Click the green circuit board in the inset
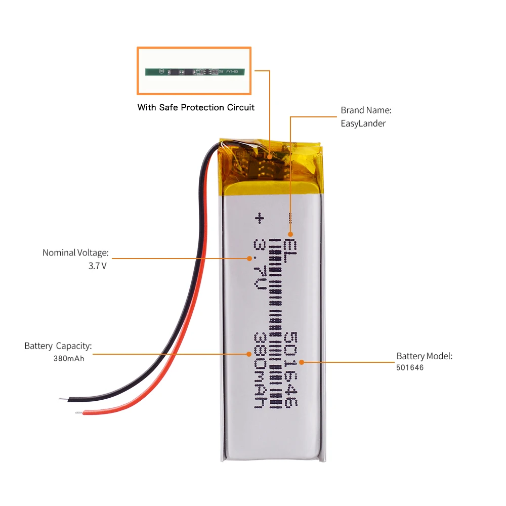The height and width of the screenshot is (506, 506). coord(195,71)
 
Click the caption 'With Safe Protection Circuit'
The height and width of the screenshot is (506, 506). coord(196,107)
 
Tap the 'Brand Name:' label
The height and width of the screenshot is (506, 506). coord(366,110)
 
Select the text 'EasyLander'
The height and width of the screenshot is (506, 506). coord(363,123)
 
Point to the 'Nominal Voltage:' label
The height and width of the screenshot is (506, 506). coord(75,252)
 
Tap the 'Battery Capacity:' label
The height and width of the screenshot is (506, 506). coord(58,346)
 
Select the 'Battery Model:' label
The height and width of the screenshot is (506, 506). coord(424,356)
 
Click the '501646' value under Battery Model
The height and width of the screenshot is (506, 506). coord(410,368)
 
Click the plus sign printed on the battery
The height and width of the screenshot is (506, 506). coord(260,218)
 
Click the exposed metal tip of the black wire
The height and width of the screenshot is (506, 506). coord(62,400)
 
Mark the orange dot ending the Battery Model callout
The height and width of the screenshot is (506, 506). coord(301,362)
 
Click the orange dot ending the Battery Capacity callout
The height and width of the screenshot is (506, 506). coord(248,354)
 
